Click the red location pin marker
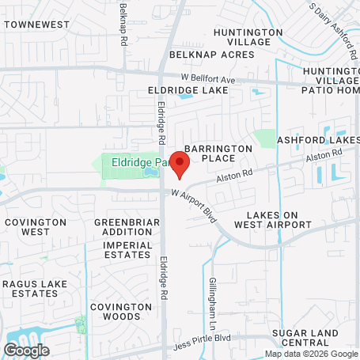pos(180,165)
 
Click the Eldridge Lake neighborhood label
pos(188,90)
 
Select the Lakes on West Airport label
pos(279,220)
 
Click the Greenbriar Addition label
pos(123,227)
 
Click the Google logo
pos(26,351)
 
